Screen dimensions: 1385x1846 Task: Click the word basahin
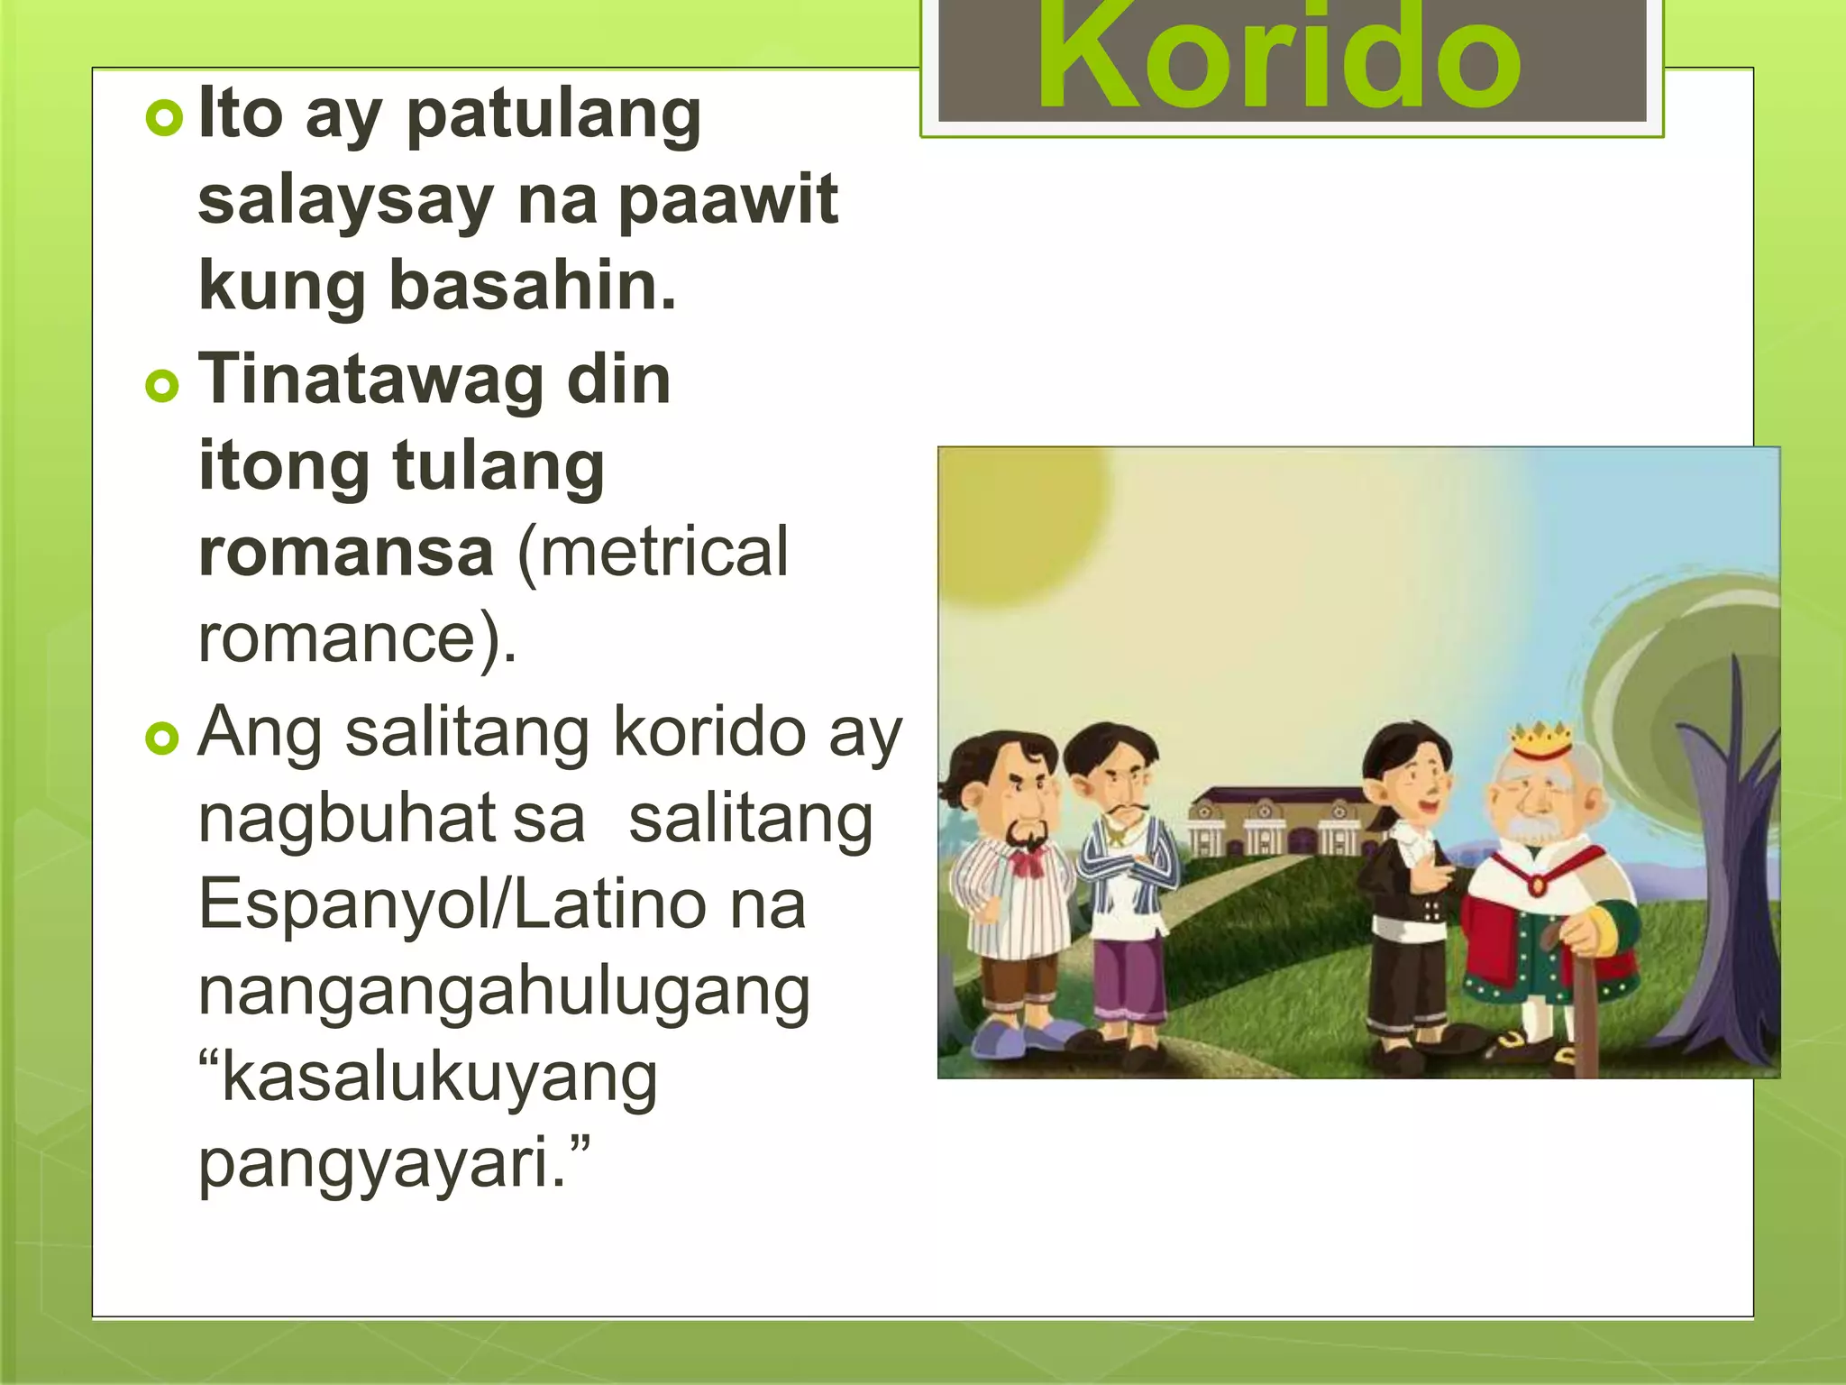coord(532,287)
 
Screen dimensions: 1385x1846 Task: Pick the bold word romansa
coord(346,552)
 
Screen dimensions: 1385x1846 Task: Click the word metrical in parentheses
coord(653,552)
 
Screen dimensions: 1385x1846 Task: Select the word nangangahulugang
coord(503,990)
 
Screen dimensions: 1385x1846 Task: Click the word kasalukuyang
coord(429,1077)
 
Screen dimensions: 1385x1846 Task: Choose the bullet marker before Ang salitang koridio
coord(163,738)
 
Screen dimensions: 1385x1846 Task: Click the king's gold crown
coord(1540,740)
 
